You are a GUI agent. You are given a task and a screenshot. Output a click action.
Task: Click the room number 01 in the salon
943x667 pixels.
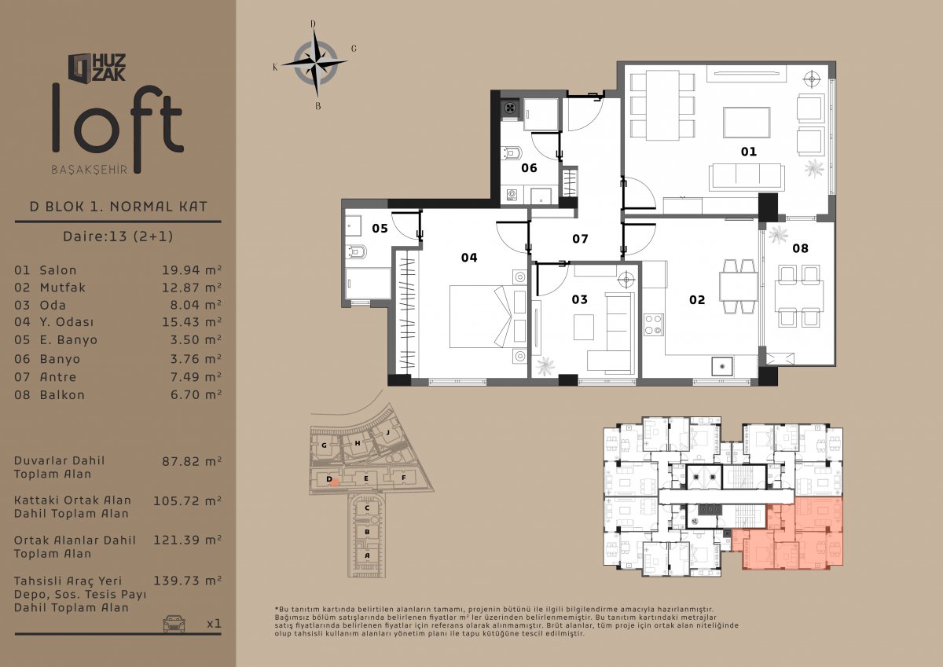pos(748,152)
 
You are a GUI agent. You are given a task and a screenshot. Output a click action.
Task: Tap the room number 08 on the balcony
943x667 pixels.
pos(800,248)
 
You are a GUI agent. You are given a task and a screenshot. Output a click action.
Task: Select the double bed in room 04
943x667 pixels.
pos(488,317)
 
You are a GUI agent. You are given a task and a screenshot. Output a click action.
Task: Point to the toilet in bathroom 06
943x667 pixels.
pos(512,152)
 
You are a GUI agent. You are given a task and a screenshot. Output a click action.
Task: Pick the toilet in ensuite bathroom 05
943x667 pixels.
pos(356,252)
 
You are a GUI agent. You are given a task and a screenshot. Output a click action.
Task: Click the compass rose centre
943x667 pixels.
pos(315,64)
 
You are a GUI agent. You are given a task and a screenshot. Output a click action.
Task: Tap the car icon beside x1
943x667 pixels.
pos(174,623)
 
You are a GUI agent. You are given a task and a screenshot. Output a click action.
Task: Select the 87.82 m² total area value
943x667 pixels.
pos(192,461)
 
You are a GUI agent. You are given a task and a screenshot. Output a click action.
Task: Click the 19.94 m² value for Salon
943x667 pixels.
pos(192,269)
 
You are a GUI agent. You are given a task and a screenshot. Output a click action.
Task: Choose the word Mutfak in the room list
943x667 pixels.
pos(63,288)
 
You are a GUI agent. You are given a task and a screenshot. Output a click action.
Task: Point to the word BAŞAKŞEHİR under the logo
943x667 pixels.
pos(90,170)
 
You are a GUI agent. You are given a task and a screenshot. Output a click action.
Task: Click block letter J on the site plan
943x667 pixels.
pos(388,432)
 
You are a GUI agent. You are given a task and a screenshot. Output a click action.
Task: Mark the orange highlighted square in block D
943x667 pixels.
pos(334,482)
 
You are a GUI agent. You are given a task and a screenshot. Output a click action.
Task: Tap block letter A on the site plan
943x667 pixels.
pos(367,555)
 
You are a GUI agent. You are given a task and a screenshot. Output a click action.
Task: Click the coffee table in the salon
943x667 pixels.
pos(747,123)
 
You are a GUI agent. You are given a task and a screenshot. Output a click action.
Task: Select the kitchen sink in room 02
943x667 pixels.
pos(722,365)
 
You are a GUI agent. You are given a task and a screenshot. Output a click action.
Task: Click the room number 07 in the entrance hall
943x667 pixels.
pos(580,239)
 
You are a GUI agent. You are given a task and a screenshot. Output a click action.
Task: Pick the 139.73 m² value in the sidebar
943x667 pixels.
pos(187,581)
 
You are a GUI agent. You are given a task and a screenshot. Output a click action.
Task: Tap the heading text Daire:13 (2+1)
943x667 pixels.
pos(118,236)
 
